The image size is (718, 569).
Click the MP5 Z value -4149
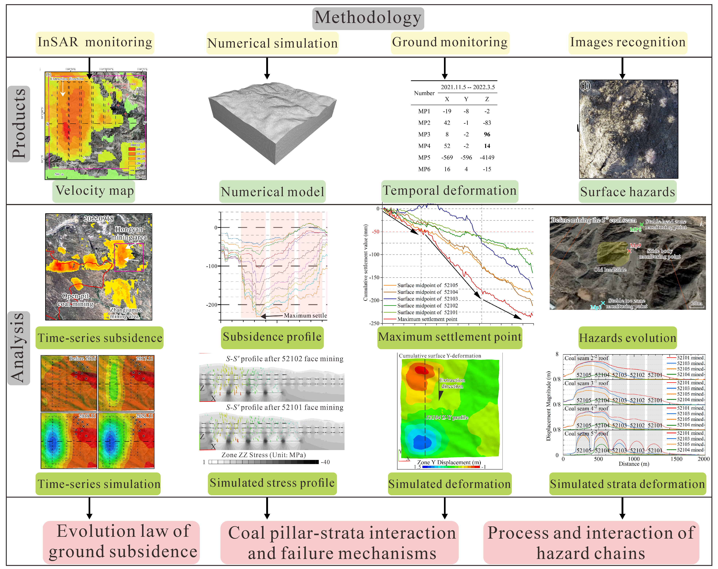tap(487, 157)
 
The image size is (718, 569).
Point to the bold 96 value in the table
tap(487, 134)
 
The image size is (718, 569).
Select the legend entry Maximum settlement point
tap(427, 319)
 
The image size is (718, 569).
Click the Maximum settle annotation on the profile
tap(305, 315)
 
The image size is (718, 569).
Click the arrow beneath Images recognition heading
tap(622, 68)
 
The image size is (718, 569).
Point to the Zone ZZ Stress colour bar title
tap(263, 455)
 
